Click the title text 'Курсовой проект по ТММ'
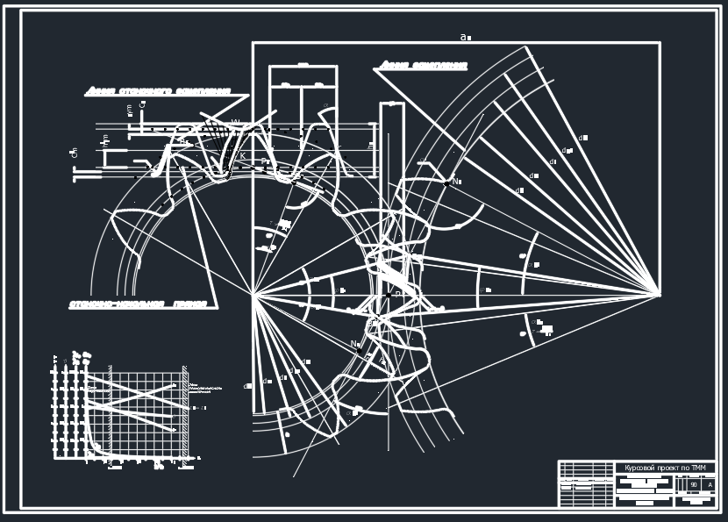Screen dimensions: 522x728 coord(665,468)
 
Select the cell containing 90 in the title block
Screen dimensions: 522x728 coord(694,484)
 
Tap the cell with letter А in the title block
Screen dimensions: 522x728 coord(709,484)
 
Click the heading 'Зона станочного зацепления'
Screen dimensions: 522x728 coord(158,90)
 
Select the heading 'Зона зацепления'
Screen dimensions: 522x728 coord(423,65)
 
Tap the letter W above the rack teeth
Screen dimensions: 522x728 coord(235,122)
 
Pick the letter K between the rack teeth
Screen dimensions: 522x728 coord(242,156)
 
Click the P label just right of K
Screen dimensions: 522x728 coord(265,161)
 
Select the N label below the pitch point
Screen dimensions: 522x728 coord(355,344)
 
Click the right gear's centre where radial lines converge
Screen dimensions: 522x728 coord(659,294)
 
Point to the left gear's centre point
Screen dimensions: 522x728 coord(253,295)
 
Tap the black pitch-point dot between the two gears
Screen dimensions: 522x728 coord(387,295)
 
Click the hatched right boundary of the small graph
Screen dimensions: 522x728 coord(185,412)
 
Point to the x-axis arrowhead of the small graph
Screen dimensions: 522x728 coord(196,458)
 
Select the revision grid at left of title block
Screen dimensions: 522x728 coord(586,483)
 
